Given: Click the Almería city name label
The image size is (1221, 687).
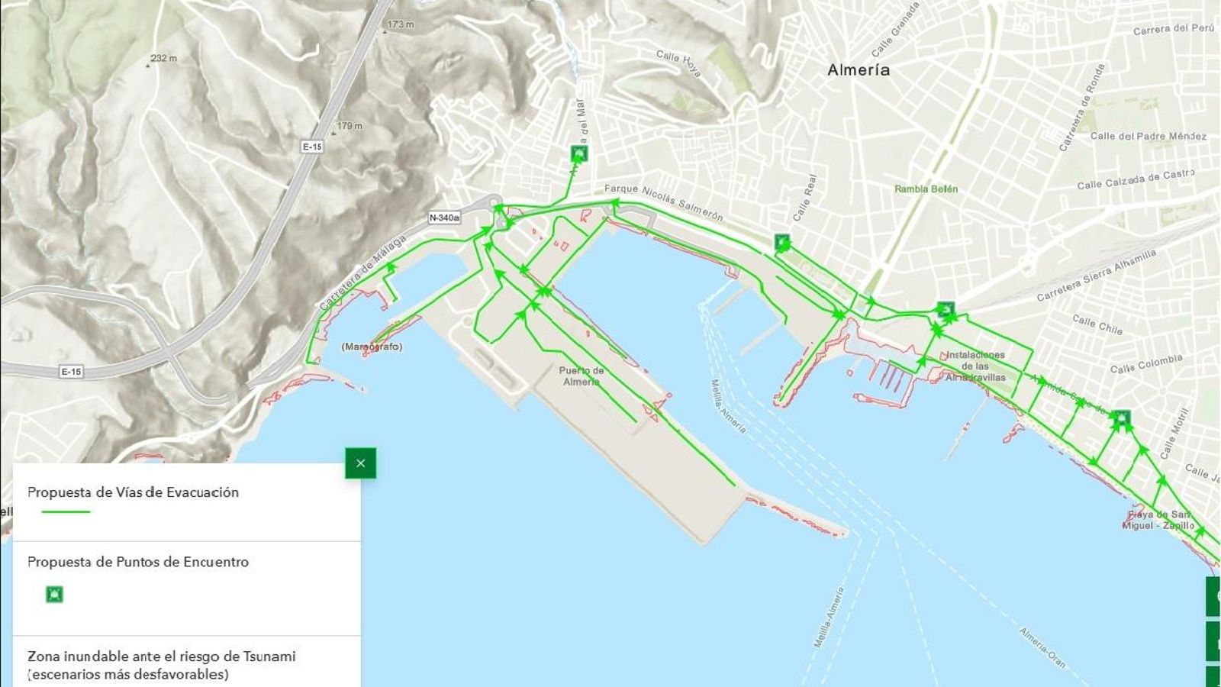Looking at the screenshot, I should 859,70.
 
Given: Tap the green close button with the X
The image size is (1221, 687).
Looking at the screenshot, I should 360,463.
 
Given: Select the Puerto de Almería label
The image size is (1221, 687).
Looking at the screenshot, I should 582,376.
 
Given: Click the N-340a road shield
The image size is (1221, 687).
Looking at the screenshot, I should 444,218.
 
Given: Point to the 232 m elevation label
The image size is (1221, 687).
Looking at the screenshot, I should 163,59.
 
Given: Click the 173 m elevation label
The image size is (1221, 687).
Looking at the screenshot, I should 400,24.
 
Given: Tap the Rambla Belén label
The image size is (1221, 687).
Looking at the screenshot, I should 926,189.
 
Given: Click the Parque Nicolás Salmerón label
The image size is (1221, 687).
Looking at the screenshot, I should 663,202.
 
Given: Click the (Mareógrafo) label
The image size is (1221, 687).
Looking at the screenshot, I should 372,347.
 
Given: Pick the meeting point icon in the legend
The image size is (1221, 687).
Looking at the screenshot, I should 54,594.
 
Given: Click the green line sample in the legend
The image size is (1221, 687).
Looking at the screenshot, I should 66,511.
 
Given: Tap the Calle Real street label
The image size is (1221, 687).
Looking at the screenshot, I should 804,198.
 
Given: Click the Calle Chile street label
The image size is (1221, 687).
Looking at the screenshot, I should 1097,324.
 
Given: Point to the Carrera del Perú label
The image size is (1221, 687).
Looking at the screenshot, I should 1173,29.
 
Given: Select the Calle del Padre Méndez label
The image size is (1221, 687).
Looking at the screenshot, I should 1148,136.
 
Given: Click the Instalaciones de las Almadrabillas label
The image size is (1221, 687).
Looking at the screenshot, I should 975,366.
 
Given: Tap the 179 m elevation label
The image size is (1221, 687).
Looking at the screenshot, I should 350,126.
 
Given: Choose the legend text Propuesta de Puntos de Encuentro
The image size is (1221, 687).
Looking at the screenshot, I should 138,562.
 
